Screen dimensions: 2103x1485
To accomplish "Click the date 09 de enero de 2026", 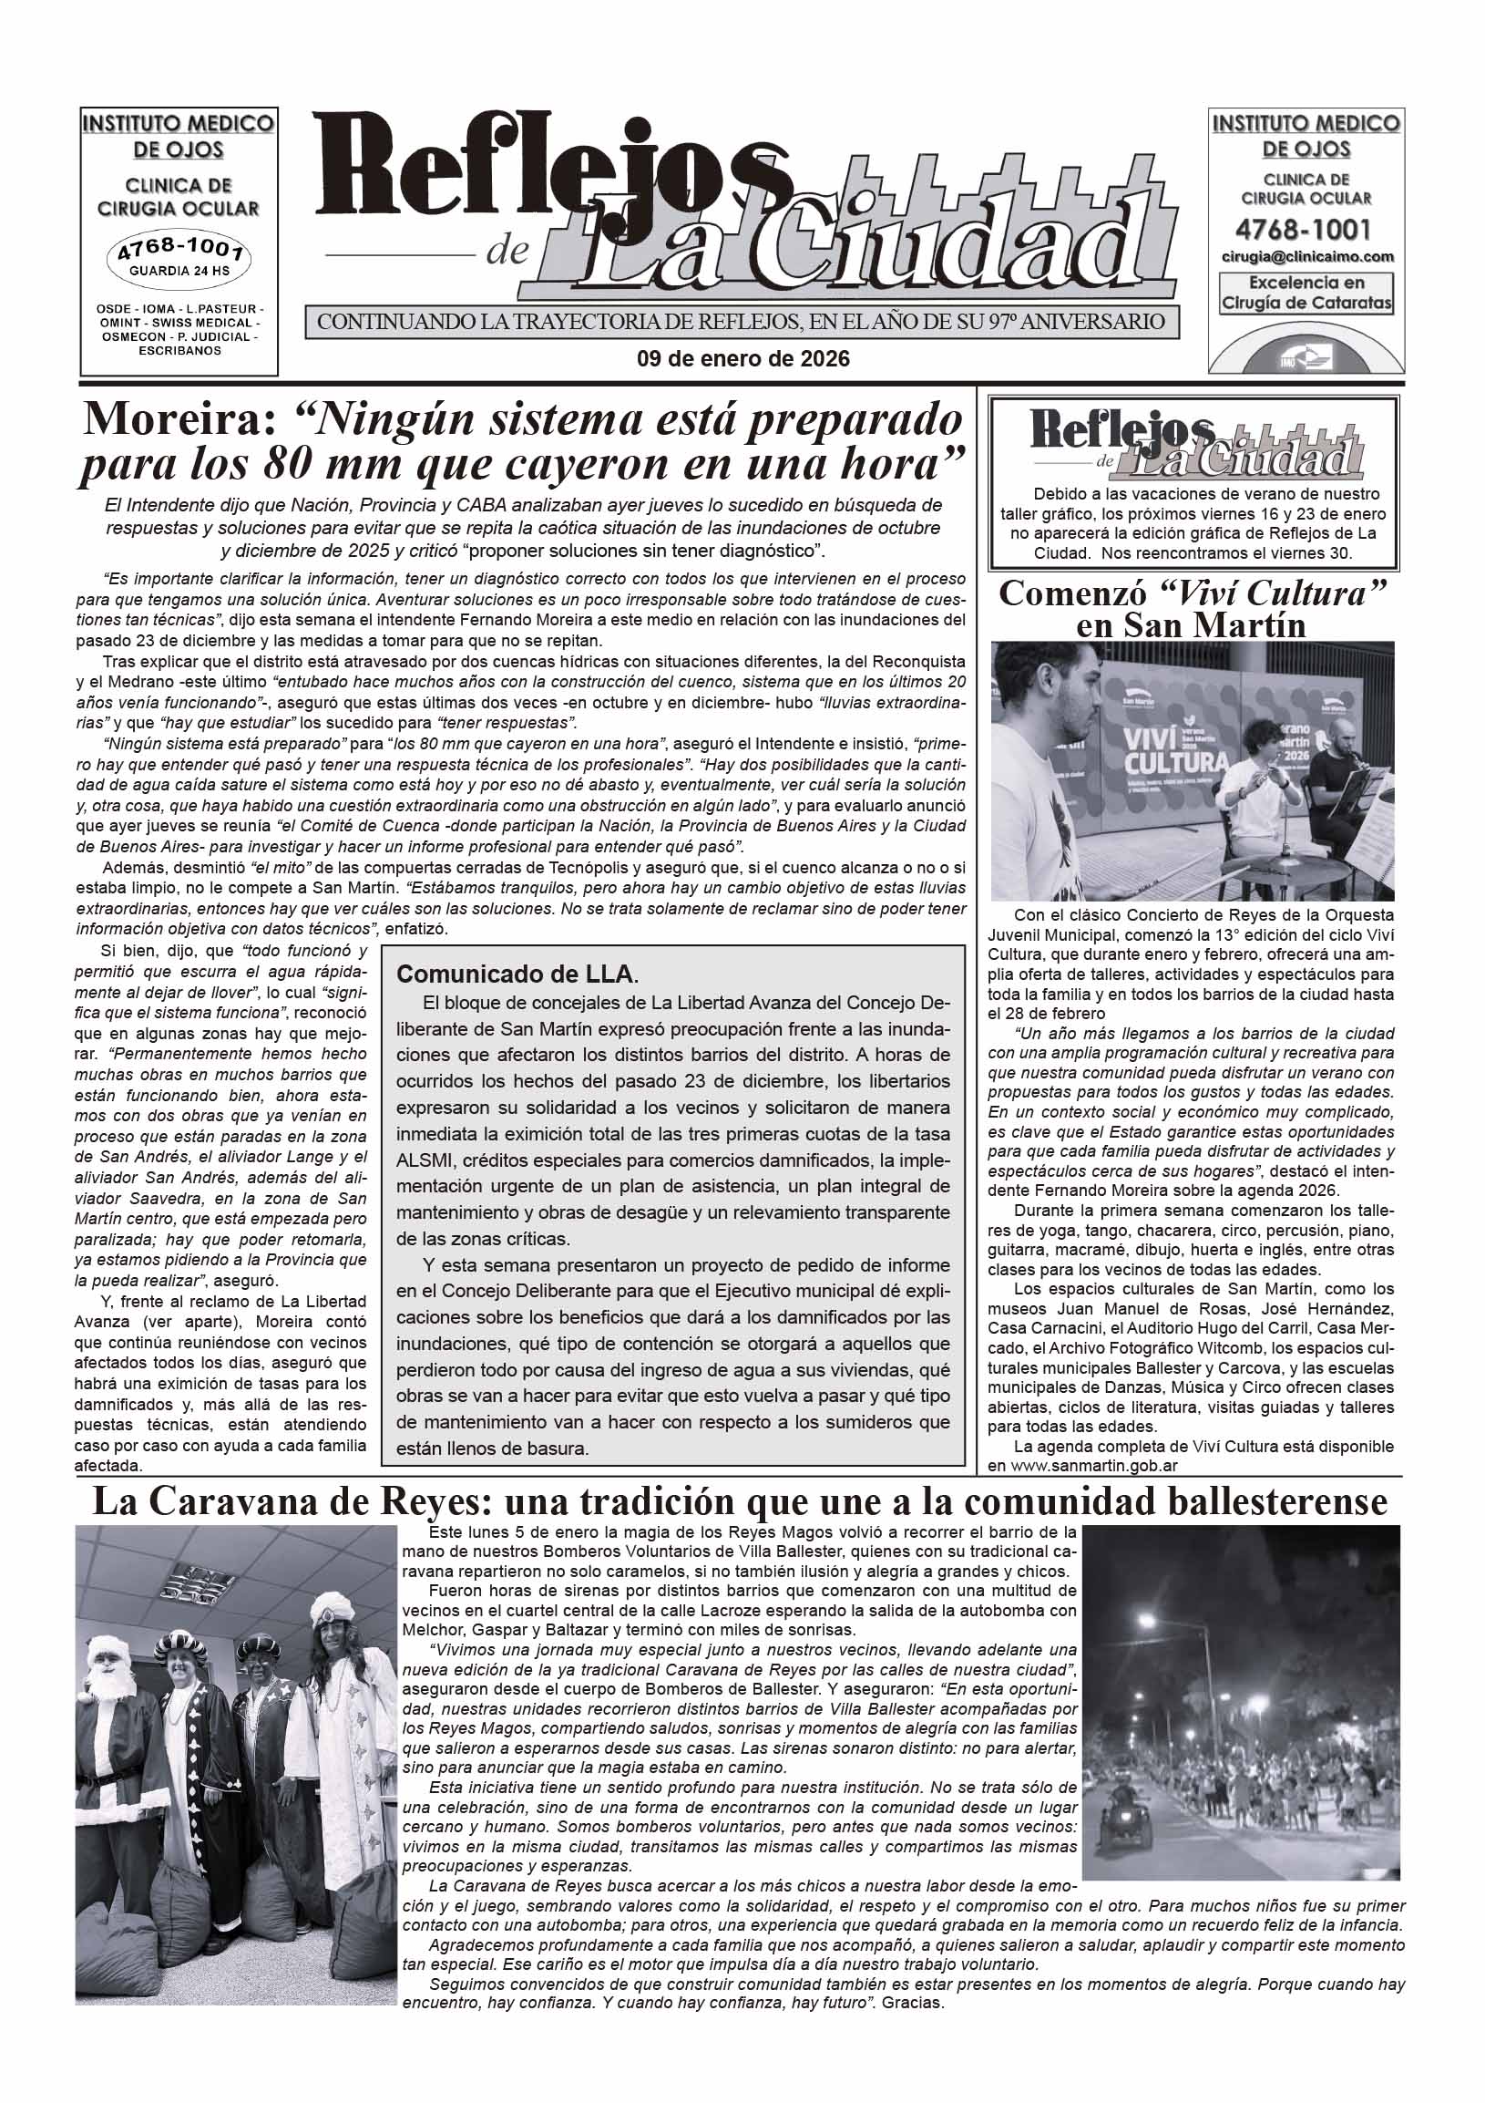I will pos(742,359).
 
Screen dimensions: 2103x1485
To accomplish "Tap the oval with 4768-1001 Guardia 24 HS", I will pos(179,258).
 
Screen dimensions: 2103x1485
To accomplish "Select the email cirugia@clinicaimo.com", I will pos(1306,257).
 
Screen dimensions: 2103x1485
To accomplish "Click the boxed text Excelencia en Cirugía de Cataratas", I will pos(1306,294).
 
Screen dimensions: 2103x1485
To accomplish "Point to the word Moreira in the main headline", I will pos(179,419).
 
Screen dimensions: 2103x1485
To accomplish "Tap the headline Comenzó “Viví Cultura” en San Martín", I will pos(1192,608).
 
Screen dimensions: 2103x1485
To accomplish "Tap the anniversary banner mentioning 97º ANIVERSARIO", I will pos(742,323).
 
